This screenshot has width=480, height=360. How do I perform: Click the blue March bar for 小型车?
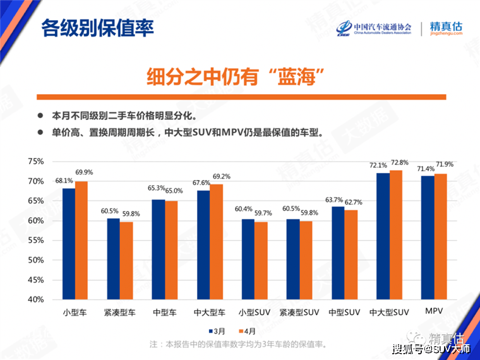tap(68, 243)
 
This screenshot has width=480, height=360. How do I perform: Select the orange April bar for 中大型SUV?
tap(396, 234)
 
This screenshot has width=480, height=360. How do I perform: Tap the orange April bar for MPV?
tap(441, 236)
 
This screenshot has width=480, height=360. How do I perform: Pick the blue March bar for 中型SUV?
tap(338, 253)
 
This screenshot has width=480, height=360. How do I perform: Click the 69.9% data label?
tap(84, 172)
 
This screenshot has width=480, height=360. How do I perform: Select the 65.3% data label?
tap(156, 188)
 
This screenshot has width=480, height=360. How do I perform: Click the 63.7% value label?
tap(335, 200)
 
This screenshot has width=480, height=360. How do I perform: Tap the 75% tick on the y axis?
tap(36, 162)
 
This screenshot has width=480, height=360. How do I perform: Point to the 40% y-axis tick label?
tap(36, 299)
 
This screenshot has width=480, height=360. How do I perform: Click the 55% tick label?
tap(36, 241)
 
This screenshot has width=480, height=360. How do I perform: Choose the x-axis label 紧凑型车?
tap(120, 312)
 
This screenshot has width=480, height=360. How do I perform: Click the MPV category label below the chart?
tap(434, 311)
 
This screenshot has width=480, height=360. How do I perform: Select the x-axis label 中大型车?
tap(210, 312)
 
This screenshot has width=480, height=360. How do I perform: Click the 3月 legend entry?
tap(217, 331)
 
